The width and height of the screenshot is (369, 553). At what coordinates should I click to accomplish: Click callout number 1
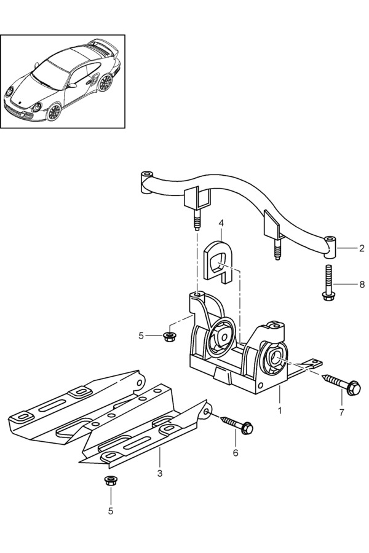point(280,411)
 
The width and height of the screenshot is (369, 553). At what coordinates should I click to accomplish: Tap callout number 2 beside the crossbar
point(362,248)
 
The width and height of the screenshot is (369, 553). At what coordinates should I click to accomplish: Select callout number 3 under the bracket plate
point(160,473)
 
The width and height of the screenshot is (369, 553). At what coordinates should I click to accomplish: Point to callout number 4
point(221,223)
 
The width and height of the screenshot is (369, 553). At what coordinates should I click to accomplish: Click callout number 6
point(236,453)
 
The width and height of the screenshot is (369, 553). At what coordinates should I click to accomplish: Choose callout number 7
point(341,412)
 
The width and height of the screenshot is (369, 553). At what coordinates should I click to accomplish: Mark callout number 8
point(362,284)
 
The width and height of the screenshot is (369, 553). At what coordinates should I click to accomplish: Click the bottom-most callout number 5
point(111,511)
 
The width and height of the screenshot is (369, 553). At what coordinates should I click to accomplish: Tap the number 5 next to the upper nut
point(141,335)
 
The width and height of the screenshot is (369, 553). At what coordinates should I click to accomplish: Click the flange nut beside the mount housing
point(170,336)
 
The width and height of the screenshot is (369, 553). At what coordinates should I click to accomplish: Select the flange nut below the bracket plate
point(111,480)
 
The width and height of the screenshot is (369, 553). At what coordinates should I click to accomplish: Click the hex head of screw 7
point(354,388)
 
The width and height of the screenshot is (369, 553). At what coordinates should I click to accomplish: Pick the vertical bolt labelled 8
point(328,283)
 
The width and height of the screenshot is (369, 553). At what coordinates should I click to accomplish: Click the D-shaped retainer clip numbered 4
point(218,261)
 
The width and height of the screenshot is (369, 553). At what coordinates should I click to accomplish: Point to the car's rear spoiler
point(103,44)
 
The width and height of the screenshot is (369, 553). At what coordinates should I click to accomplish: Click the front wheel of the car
point(54,112)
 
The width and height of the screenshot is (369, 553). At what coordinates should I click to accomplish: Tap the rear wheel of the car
point(105,82)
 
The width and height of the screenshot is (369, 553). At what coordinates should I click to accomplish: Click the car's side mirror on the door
point(72,85)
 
